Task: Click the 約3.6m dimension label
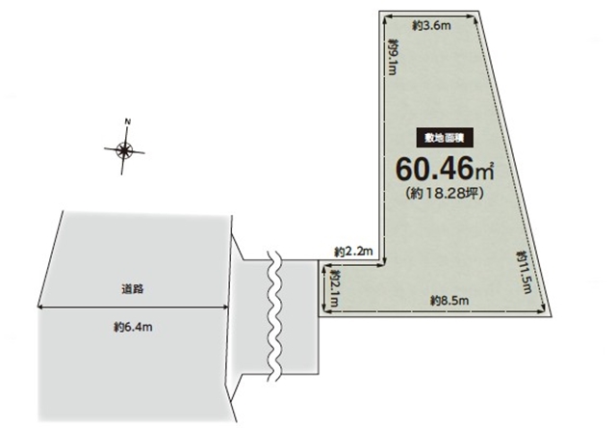coord(431,26)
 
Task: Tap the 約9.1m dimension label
coord(394,56)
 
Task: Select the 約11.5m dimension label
coord(524,272)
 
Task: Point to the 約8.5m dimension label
coord(449,301)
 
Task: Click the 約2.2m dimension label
coord(353,252)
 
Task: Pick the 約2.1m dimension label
coord(335,288)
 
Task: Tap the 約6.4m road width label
coord(133,327)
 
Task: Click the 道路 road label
coord(133,289)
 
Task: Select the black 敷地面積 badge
coord(445,138)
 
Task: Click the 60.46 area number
coord(435,169)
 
